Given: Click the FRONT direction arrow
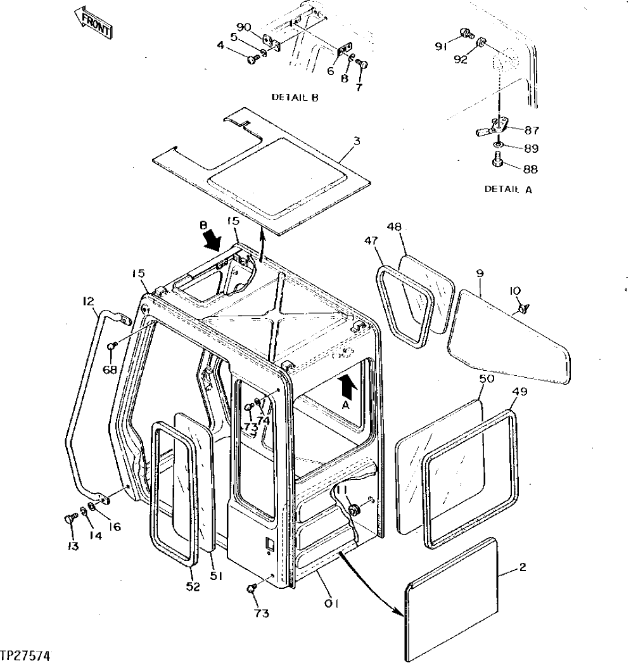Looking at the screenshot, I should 93,23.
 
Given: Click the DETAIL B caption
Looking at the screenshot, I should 295,98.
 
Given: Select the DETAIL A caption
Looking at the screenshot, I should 507,188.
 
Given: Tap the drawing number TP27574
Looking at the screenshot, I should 26,653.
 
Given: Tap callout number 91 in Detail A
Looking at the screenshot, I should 441,46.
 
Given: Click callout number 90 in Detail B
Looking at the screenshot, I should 244,27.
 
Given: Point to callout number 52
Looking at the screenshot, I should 193,586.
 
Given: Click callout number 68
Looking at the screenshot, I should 110,370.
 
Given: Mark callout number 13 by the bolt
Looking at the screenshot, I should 73,546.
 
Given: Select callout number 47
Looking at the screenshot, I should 372,241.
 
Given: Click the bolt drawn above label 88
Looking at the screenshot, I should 498,162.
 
